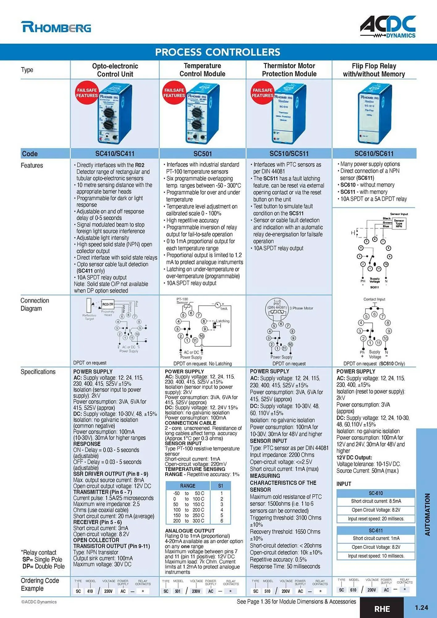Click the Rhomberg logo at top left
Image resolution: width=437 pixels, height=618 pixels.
point(56,27)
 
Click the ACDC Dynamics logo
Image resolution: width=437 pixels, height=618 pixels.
point(388,27)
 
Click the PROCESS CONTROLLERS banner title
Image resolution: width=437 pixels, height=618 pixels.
point(218,52)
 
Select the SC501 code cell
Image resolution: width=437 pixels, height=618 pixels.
point(202,154)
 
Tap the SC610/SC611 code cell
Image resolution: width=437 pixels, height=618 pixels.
point(374,154)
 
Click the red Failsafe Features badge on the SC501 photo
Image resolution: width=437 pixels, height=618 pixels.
point(174,93)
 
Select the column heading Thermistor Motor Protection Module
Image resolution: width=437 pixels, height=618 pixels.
point(289,70)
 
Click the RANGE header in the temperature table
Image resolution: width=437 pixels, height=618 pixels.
point(188,486)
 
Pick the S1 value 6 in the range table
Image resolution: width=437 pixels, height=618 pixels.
point(222,521)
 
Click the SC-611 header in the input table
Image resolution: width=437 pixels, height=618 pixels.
point(375,531)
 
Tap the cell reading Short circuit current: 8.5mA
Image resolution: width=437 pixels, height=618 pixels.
point(375,501)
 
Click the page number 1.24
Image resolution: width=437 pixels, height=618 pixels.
point(421,608)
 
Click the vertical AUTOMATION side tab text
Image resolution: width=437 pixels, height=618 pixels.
point(427,514)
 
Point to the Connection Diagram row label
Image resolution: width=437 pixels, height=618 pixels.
point(35,304)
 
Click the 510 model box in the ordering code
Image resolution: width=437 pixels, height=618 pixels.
point(267,591)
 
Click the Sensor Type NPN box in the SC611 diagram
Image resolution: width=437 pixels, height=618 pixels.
point(399,223)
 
